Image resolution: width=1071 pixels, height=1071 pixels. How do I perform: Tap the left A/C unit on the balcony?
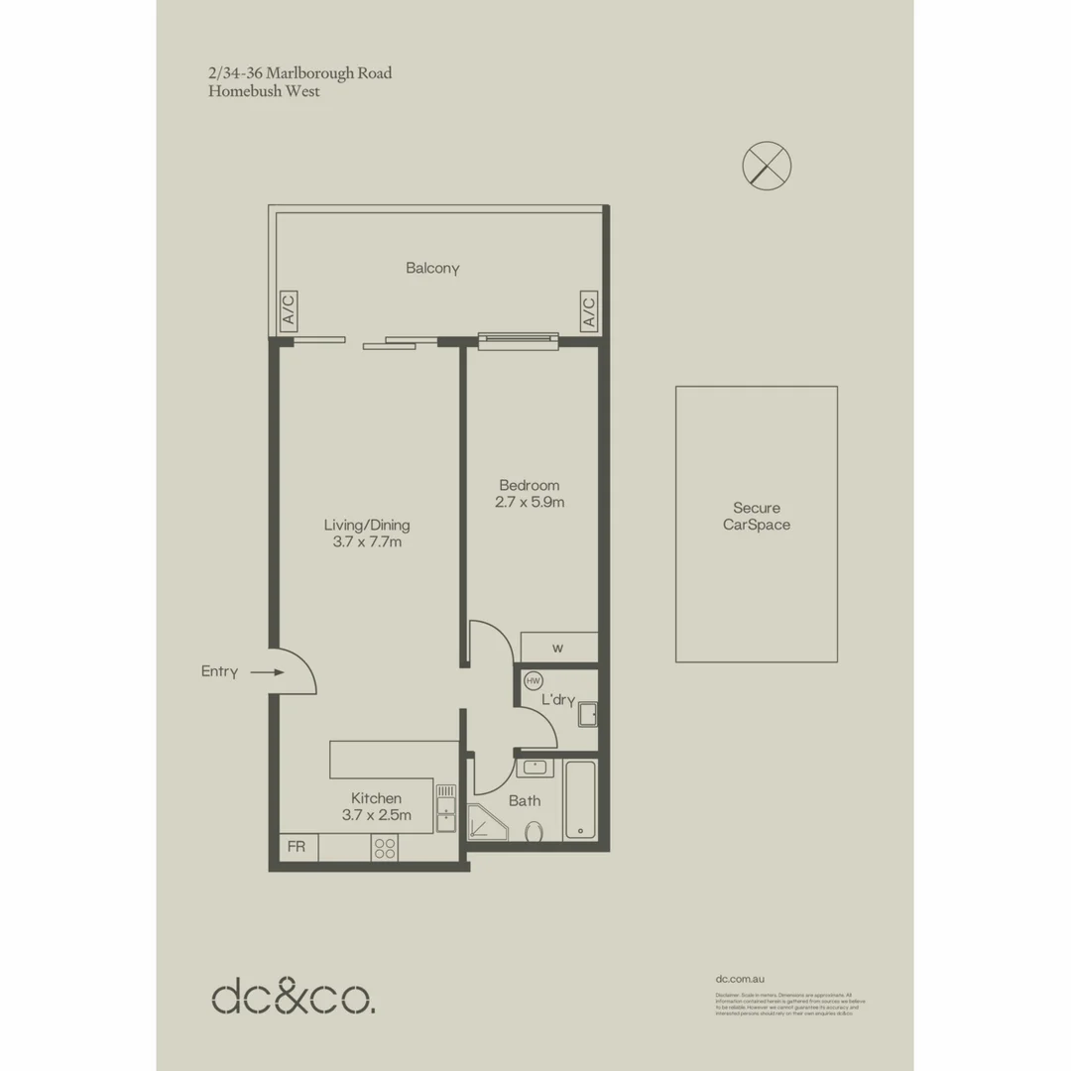[x=289, y=310]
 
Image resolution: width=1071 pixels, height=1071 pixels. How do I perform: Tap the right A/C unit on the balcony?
[x=588, y=310]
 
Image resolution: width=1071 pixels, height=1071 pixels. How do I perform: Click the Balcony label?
[x=432, y=268]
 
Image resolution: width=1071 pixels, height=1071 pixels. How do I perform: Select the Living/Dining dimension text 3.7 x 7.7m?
[x=367, y=542]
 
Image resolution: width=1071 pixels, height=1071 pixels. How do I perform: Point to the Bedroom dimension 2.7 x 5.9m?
[x=530, y=502]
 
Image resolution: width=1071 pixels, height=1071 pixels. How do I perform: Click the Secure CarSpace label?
[x=757, y=517]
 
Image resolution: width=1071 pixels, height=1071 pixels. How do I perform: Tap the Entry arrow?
[x=266, y=672]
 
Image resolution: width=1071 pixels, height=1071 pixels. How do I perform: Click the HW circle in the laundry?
[x=534, y=681]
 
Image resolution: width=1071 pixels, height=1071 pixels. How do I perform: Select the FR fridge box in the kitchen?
[x=297, y=847]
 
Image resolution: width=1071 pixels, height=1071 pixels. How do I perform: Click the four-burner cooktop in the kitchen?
[x=384, y=847]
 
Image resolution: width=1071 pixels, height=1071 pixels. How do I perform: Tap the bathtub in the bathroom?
[x=580, y=800]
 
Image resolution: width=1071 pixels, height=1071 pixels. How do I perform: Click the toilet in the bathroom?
[x=535, y=831]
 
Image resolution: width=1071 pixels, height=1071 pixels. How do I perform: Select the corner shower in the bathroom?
[x=486, y=823]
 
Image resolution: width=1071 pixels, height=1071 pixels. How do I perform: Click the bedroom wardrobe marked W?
[x=558, y=648]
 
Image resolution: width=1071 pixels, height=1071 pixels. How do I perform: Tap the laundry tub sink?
[x=588, y=713]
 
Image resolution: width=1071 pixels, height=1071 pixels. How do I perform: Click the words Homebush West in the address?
[x=264, y=92]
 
